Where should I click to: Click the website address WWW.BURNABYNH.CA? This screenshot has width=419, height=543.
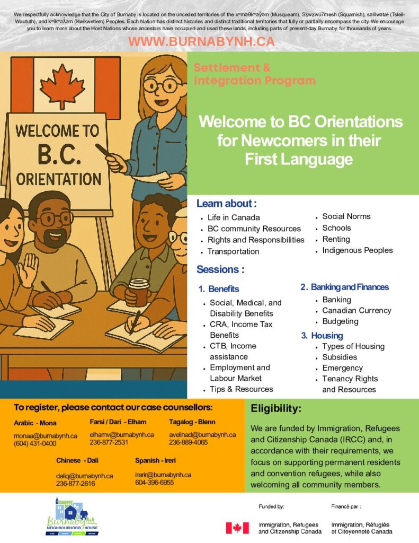click(201, 42)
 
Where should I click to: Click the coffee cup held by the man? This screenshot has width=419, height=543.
click(139, 292)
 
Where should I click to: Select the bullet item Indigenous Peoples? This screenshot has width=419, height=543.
click(357, 250)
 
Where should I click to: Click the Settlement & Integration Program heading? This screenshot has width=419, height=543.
click(254, 74)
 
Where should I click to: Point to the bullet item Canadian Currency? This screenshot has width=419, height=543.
click(356, 311)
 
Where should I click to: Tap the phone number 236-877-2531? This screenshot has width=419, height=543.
click(109, 442)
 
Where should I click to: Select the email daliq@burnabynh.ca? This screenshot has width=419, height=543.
click(84, 476)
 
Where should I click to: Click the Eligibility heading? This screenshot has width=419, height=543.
click(276, 409)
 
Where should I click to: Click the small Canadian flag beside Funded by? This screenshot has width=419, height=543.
click(237, 528)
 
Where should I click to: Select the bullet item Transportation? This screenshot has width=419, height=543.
click(233, 251)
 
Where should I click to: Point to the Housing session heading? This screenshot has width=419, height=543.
click(327, 336)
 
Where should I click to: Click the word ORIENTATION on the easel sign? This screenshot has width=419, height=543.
click(59, 178)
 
